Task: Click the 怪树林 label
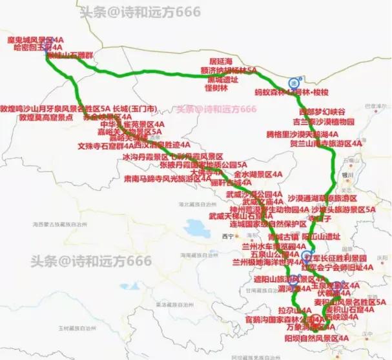click(x=216, y=87)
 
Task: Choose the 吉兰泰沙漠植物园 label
click(x=324, y=121)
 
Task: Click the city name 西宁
click(x=227, y=237)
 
